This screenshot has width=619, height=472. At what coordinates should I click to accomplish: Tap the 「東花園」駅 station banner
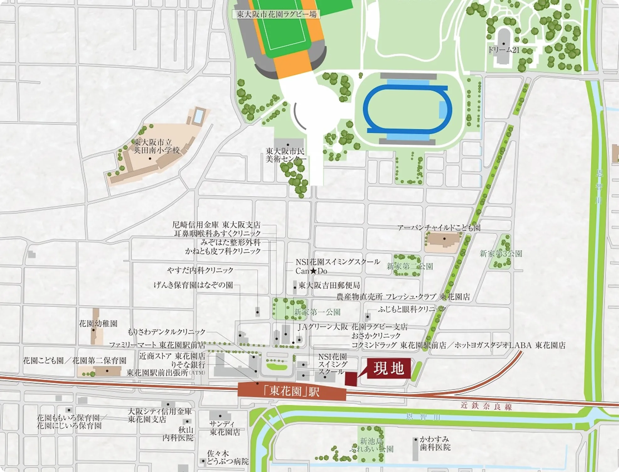(292, 391)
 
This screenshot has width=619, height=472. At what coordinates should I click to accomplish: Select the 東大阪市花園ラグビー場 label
(276, 14)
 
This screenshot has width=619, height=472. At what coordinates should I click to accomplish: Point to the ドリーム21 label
(504, 50)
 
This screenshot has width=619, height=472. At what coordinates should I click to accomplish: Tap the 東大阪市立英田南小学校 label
(156, 146)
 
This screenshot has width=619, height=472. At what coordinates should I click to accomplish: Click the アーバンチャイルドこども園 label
(439, 228)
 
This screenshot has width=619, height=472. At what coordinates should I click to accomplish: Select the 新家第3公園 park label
(501, 254)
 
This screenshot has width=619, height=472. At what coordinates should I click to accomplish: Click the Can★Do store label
(311, 271)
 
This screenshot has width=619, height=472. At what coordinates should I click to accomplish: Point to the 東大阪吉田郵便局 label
(329, 285)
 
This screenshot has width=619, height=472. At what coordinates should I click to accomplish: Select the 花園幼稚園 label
(98, 324)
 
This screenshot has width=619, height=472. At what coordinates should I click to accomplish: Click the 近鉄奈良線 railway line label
(486, 406)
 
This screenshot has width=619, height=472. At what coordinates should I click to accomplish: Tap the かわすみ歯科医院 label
(435, 443)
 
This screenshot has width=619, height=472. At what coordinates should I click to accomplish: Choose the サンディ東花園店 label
(224, 428)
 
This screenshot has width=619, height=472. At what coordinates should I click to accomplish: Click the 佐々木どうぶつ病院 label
(227, 458)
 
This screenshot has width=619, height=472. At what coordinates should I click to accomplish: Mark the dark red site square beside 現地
(351, 378)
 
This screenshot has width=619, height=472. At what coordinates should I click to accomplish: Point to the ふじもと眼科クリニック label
(411, 309)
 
